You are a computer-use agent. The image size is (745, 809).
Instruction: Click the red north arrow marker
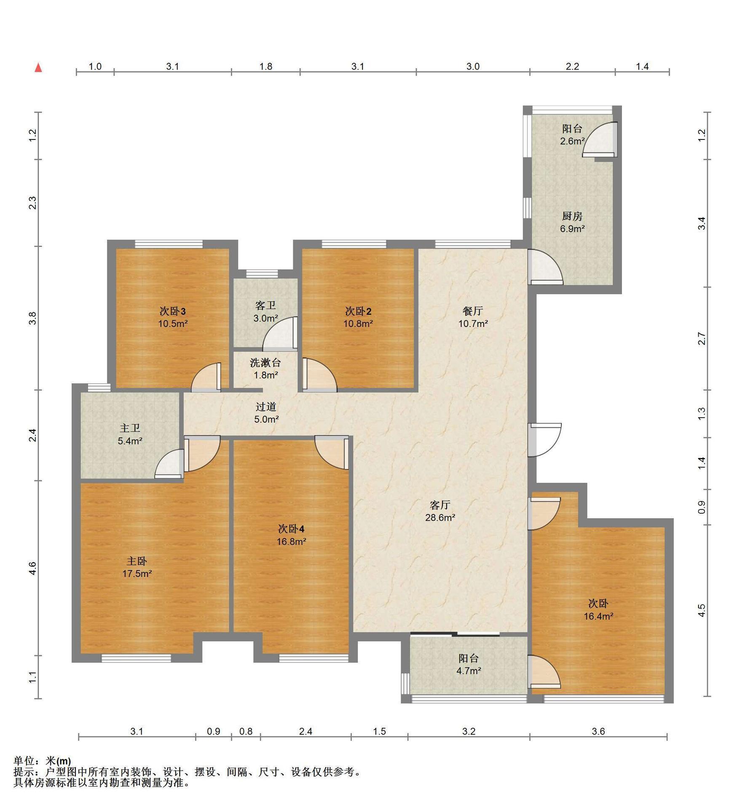[38, 67]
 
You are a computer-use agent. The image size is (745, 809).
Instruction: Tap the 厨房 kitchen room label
[572, 217]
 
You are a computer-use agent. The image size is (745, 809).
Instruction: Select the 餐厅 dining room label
[473, 311]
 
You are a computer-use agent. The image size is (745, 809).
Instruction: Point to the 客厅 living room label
[440, 505]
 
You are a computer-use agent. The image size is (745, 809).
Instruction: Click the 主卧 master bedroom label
[137, 561]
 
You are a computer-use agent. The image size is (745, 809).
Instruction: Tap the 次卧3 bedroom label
[173, 311]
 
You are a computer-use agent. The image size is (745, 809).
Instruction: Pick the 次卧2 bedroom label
[358, 311]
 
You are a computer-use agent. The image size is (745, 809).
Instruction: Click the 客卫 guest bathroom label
[265, 305]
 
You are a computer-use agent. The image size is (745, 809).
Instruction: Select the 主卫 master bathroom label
[130, 429]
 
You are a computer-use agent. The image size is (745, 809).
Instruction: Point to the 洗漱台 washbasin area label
[265, 362]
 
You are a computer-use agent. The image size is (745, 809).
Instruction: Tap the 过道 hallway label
[266, 407]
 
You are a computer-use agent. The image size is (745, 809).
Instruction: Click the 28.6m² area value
[440, 517]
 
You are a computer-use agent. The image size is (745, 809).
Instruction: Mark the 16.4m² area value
[598, 616]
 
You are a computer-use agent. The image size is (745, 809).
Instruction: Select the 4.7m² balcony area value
[468, 670]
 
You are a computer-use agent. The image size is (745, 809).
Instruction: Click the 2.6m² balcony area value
[572, 141]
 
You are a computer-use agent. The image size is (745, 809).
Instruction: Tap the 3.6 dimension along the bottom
[598, 731]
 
